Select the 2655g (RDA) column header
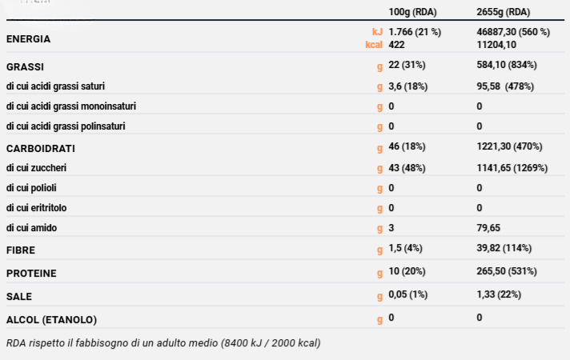coord(503,13)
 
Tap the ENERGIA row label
coord(28,38)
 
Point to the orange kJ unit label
coord(377,32)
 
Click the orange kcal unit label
coord(372,45)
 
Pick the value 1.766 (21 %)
coord(415,32)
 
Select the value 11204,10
coord(497,45)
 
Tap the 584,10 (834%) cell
coord(506,65)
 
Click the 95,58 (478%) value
coord(505,86)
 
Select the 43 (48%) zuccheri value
coord(407,168)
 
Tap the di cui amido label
coord(31,228)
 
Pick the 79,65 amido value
coord(488,228)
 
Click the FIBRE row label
coord(19,250)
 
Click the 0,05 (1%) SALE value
coord(408,294)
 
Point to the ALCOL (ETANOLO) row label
coord(51,319)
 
